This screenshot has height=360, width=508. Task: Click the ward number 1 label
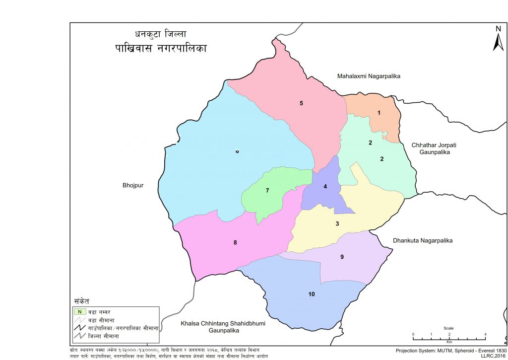pyautogui.click(x=379, y=113)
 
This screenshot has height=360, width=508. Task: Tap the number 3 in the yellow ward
pyautogui.click(x=337, y=224)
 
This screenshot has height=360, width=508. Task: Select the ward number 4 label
pyautogui.click(x=325, y=187)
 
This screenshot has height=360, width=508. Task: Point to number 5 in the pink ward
pyautogui.click(x=301, y=103)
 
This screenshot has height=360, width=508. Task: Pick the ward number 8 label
pyautogui.click(x=235, y=243)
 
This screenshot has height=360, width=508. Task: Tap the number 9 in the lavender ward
pyautogui.click(x=342, y=257)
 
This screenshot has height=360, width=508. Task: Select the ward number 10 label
pyautogui.click(x=312, y=294)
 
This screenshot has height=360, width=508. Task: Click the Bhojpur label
pyautogui.click(x=133, y=186)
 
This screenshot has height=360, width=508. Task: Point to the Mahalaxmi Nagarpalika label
pyautogui.click(x=369, y=76)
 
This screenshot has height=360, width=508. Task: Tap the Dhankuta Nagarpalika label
pyautogui.click(x=423, y=241)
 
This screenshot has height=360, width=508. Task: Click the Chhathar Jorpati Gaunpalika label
pyautogui.click(x=431, y=148)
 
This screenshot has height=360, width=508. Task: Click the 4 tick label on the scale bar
pyautogui.click(x=485, y=334)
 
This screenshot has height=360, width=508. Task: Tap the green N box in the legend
pyautogui.click(x=79, y=311)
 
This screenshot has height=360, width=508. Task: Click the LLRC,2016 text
pyautogui.click(x=493, y=356)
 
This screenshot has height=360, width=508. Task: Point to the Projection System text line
pyautogui.click(x=451, y=350)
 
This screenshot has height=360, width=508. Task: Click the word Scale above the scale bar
pyautogui.click(x=448, y=329)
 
